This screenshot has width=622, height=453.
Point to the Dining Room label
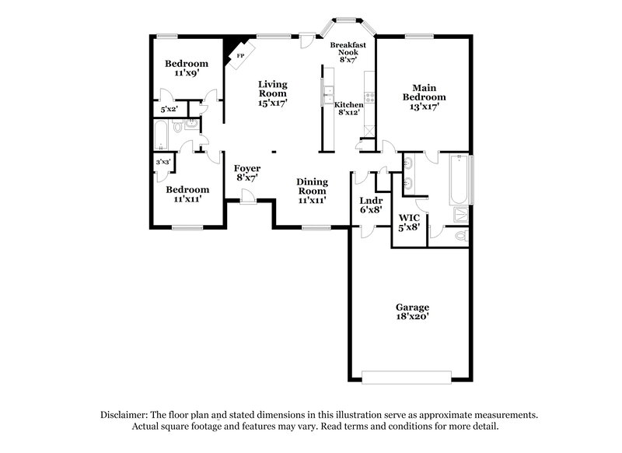pyautogui.click(x=311, y=190)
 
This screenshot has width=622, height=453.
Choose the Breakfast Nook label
pyautogui.click(x=347, y=51)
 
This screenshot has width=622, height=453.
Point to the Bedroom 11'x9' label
pyautogui.click(x=187, y=68)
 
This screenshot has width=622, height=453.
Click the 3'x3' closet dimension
pyautogui.click(x=163, y=162)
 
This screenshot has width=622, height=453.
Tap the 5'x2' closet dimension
pyautogui.click(x=169, y=111)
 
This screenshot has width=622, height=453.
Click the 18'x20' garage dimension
pyautogui.click(x=411, y=318)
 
